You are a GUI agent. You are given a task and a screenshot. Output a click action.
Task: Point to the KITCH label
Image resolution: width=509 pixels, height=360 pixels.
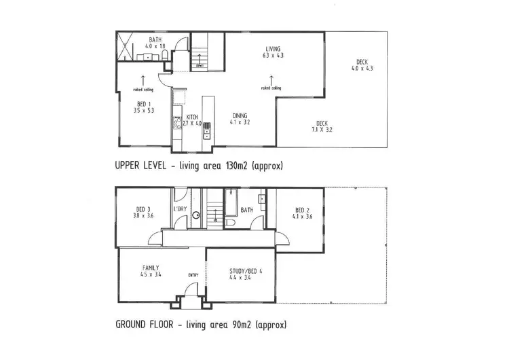pyautogui.click(x=192, y=117)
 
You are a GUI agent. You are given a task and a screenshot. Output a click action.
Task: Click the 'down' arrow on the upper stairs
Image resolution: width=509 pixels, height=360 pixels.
pyautogui.click(x=200, y=66)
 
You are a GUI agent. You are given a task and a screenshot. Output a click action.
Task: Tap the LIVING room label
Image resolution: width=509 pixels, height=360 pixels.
pyautogui.click(x=274, y=48)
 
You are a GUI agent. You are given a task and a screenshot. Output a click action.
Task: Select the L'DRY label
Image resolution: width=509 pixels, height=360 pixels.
pyautogui.click(x=181, y=210)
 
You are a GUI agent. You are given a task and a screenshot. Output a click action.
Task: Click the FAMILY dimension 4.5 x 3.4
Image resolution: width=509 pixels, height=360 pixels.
pyautogui.click(x=150, y=276)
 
